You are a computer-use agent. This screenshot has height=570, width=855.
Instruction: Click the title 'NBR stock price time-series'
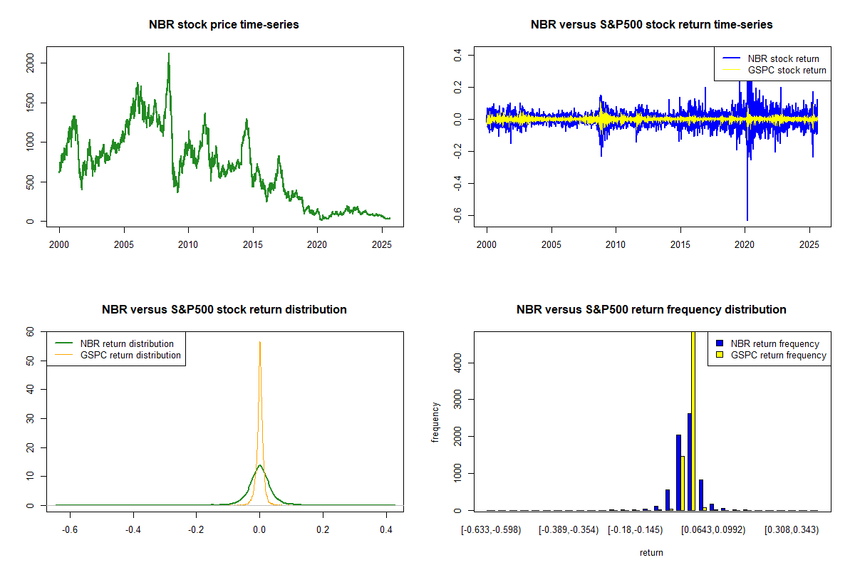tap(224, 24)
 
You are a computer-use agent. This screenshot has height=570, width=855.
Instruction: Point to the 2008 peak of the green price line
tap(169, 54)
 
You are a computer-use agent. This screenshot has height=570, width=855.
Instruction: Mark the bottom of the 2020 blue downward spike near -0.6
tap(747, 219)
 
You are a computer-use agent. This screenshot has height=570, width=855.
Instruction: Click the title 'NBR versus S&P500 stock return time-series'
tap(651, 24)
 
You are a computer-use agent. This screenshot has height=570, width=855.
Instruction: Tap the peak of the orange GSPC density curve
tap(260, 343)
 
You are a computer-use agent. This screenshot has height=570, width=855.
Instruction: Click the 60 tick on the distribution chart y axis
tap(31, 332)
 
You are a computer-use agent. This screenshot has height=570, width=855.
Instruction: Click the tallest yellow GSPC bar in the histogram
tap(693, 420)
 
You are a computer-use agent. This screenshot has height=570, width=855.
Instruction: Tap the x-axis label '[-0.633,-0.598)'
tap(492, 530)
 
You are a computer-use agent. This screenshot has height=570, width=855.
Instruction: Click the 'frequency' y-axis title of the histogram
tap(435, 422)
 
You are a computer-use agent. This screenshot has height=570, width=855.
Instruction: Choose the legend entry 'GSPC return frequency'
tap(778, 355)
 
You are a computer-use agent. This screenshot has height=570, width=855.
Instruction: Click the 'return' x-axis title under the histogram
tap(651, 552)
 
